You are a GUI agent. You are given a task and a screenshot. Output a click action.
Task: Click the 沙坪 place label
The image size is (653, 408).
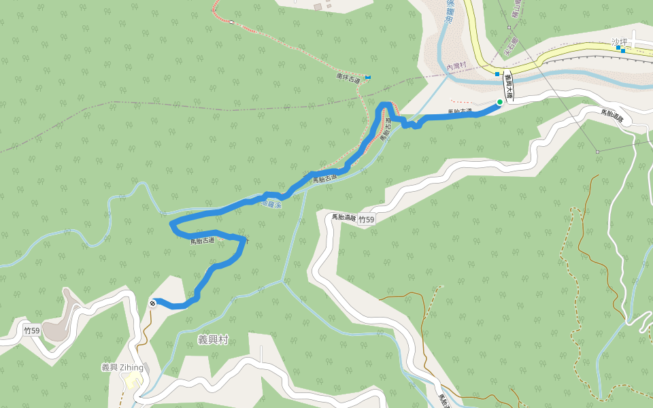point(618,41)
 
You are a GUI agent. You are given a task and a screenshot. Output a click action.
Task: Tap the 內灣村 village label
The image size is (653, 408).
point(456,66)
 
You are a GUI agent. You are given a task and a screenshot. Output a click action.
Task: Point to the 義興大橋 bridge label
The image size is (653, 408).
point(508,87)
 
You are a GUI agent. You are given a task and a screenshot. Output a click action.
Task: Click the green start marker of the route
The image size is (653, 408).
point(500,102)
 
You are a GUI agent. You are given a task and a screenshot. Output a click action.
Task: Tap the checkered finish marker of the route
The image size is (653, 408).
point(152,303)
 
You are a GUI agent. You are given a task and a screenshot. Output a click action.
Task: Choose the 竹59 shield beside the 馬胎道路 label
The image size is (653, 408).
point(367,220)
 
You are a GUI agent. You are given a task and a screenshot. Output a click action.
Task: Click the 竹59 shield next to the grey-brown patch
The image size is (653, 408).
point(31,330)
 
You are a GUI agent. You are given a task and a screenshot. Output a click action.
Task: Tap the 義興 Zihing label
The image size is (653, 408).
point(122,367)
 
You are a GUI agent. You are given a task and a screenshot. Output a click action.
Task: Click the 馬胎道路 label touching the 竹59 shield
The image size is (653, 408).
point(344,218)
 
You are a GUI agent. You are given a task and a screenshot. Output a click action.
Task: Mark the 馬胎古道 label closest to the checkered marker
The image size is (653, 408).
point(202,240)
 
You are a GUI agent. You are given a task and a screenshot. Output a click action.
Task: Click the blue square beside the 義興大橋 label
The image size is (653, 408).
point(497,73)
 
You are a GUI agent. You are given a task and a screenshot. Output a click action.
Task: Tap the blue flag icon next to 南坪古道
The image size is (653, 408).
point(368,77)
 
